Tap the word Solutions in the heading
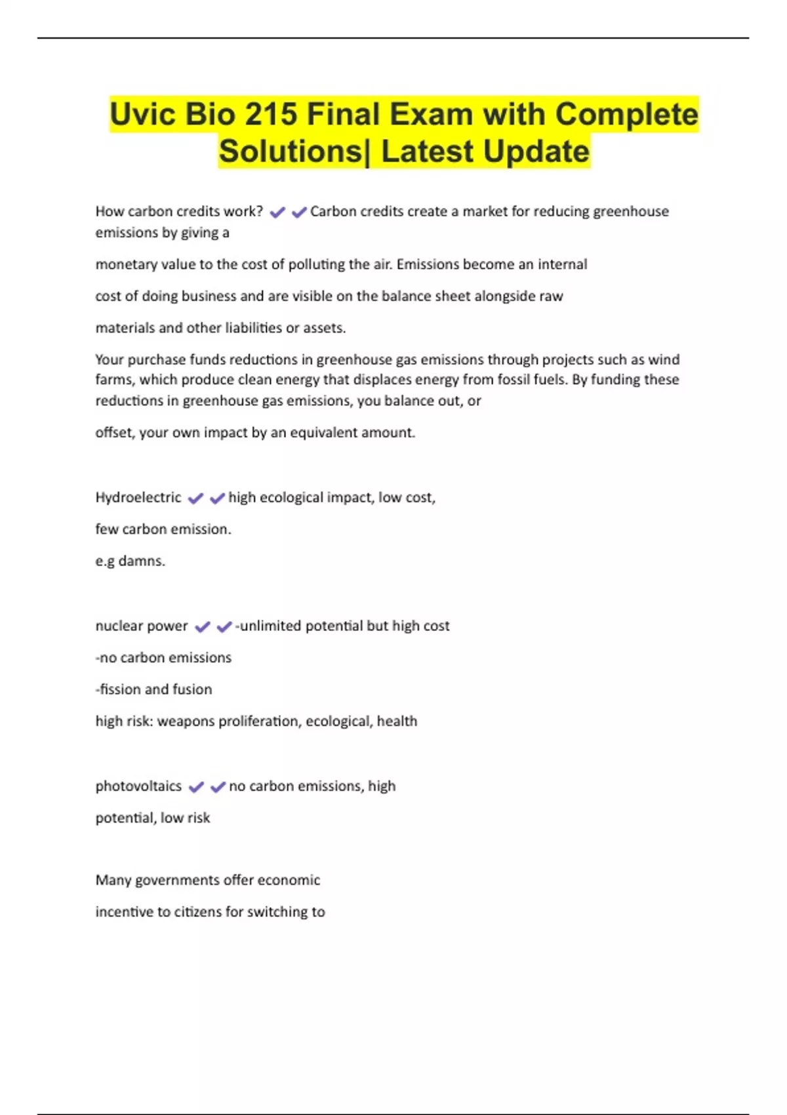click(x=291, y=152)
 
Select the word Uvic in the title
click(x=142, y=115)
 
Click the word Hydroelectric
click(x=138, y=497)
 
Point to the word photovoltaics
click(x=138, y=786)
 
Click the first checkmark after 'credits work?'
click(x=277, y=212)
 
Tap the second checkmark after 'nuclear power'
click(x=224, y=626)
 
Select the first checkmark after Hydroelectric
click(x=195, y=498)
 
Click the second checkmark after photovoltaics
click(x=218, y=786)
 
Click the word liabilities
click(x=244, y=327)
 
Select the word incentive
click(x=124, y=912)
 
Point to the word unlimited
click(x=270, y=626)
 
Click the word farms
click(x=113, y=380)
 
